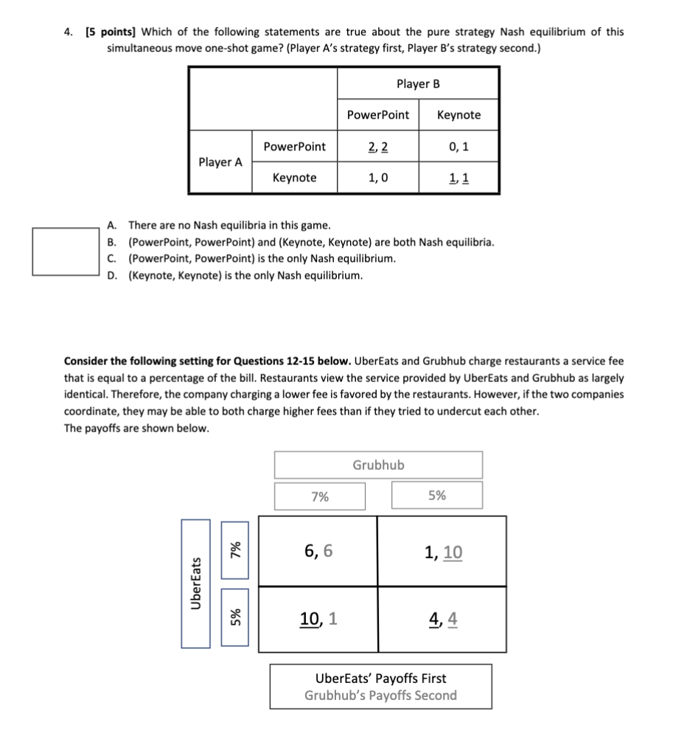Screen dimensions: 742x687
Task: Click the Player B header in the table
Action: coord(418,83)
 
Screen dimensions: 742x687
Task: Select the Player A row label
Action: coord(220,162)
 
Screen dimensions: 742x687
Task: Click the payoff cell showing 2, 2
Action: coord(378,147)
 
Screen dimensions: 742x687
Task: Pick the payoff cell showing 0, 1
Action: coord(458,147)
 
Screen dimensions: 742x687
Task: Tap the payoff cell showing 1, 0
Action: coord(378,178)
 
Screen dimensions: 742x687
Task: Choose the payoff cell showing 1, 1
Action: coord(458,178)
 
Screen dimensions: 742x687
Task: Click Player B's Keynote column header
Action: coord(458,115)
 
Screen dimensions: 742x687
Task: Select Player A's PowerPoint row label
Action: coord(294,147)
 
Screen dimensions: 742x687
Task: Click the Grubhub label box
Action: coord(378,465)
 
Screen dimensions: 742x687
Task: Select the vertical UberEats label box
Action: coord(195,583)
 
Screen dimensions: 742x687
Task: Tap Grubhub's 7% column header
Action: coord(320,496)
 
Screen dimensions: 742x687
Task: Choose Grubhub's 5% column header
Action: coord(437,496)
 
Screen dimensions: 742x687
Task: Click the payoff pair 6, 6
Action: coord(318,550)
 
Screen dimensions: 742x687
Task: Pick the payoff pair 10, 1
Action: coord(318,620)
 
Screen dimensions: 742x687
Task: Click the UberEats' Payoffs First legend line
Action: coord(380,678)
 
